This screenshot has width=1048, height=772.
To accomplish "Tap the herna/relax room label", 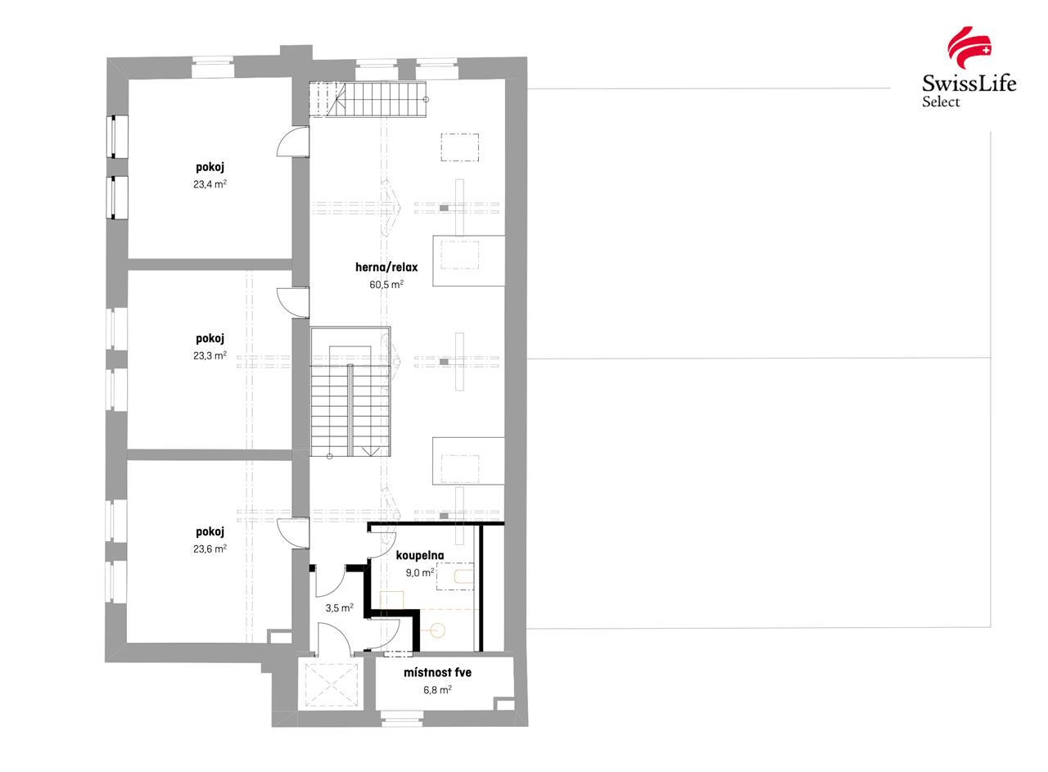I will coord(386,267).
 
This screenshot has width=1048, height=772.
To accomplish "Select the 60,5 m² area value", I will coord(386,285).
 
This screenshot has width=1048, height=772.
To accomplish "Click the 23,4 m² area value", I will coord(210,184).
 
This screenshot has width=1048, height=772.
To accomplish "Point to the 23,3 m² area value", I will coord(210,356).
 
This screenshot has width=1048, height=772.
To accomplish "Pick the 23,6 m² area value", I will coord(210,549).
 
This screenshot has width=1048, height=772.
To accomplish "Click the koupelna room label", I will coord(419,555).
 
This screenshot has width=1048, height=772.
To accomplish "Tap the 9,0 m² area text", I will coord(419,573).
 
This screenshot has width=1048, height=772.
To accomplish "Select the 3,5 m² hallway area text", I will coord(339,608).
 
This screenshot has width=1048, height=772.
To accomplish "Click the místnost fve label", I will coord(437,673).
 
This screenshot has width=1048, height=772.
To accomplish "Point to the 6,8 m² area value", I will coord(437,690).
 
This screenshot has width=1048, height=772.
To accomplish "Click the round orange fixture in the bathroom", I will coord(437,630).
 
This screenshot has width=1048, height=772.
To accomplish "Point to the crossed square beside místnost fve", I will coord(332,684).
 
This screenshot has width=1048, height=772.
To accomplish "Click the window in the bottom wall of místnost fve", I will coord(402,720).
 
